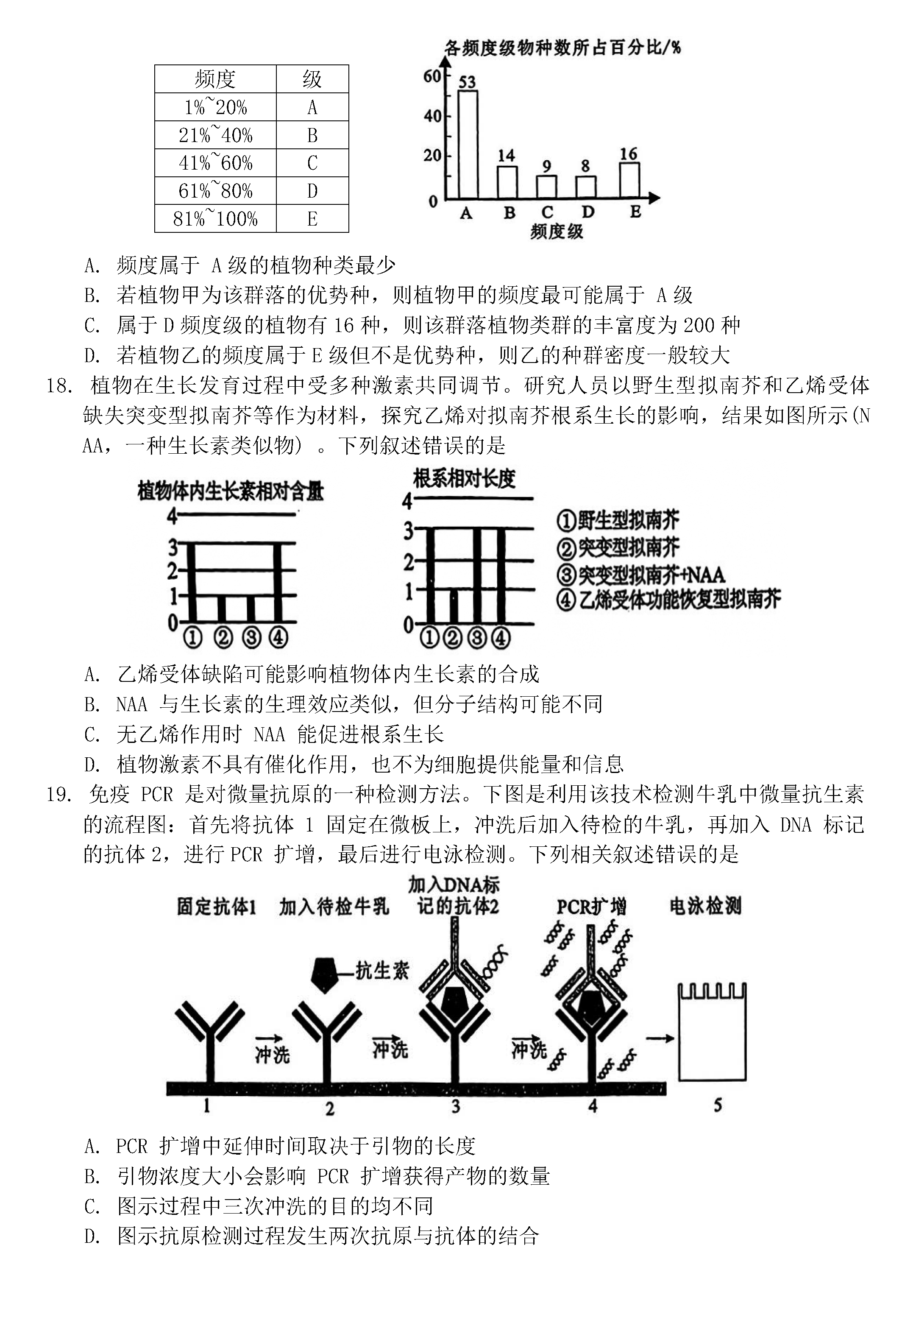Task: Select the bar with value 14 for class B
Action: tap(507, 182)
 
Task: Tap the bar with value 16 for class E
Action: tap(629, 180)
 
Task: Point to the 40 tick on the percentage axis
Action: tap(432, 116)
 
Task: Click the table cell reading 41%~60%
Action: tap(215, 163)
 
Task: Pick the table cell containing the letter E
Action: tap(312, 219)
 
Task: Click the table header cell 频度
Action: tap(215, 79)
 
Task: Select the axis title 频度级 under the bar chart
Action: tap(556, 232)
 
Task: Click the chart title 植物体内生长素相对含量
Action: tap(230, 491)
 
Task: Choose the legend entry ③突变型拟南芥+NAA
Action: tap(640, 575)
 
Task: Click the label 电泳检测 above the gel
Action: tap(705, 907)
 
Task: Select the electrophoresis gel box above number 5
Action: tap(712, 1033)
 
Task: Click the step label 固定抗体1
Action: tap(216, 907)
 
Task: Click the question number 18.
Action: tap(58, 386)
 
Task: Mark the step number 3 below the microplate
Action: tap(456, 1106)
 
